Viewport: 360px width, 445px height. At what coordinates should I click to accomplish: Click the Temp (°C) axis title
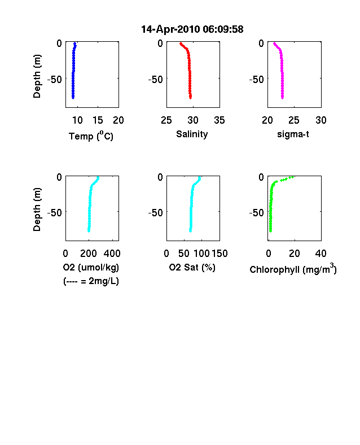(x=91, y=136)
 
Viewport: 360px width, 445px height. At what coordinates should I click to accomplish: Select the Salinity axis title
(x=192, y=134)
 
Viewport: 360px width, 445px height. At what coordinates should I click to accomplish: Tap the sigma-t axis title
(x=293, y=134)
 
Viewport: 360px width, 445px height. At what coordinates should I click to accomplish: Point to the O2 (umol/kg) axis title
(x=91, y=267)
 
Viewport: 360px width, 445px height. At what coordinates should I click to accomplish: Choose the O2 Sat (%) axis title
(x=192, y=267)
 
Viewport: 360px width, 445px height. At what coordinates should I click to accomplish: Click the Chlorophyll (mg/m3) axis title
(x=293, y=268)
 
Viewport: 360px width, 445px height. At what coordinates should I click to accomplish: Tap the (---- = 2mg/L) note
(x=91, y=281)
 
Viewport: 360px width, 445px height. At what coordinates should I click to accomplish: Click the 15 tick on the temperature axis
(x=98, y=120)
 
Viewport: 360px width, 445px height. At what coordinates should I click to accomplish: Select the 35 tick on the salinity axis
(x=219, y=120)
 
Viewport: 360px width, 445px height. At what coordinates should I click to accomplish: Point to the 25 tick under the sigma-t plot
(x=294, y=120)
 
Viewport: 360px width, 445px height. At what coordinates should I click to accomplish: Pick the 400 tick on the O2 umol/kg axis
(x=112, y=254)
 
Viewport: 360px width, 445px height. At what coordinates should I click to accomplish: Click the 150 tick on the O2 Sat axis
(x=219, y=254)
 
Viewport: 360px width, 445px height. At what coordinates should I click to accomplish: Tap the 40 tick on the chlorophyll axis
(x=321, y=254)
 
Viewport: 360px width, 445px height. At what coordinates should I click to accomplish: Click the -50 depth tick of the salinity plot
(x=156, y=80)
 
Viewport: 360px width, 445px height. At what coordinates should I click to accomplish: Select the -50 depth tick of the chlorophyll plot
(x=257, y=212)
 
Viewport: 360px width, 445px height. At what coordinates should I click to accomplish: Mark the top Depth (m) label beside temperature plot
(x=37, y=76)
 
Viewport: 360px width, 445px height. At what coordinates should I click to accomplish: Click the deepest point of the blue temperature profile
(x=73, y=98)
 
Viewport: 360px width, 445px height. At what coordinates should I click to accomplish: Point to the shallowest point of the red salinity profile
(x=181, y=43)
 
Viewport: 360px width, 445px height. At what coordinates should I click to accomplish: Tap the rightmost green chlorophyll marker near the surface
(x=293, y=177)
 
